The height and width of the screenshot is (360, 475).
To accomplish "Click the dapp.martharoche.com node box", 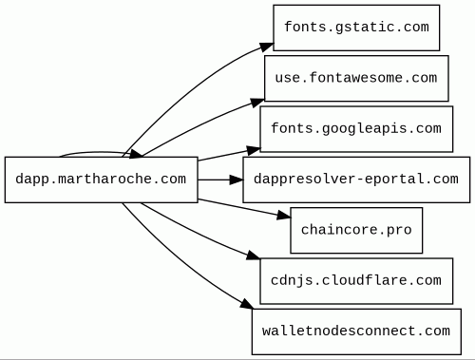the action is point(102,180).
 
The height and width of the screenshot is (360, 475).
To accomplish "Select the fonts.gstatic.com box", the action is point(356,28).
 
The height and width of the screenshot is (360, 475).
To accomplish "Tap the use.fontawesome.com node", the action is point(356,78).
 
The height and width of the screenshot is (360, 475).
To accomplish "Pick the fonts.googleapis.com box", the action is point(356,129).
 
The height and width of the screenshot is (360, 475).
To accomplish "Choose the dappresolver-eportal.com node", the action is point(356,180).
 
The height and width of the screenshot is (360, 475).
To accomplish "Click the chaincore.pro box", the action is point(356,230).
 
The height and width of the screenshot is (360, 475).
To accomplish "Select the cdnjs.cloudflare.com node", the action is point(356,281).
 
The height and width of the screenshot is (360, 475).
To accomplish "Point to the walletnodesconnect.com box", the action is point(356,332).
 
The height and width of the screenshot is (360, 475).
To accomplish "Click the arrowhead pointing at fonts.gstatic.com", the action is point(267,47).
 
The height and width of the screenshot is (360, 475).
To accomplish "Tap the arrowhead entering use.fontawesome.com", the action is point(257,103).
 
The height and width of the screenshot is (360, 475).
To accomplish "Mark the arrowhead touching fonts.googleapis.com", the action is point(254,150).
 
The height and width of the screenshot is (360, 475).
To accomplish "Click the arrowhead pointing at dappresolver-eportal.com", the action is point(237,180).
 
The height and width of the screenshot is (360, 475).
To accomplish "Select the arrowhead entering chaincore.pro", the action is point(284,216).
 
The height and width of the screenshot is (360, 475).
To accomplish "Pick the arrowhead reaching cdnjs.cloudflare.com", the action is point(254,256).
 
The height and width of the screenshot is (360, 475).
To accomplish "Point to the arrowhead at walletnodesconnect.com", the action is point(247,304).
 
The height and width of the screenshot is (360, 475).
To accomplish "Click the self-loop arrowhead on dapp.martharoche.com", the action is point(137,154).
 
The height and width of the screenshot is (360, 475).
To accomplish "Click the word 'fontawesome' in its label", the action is point(356,78).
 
